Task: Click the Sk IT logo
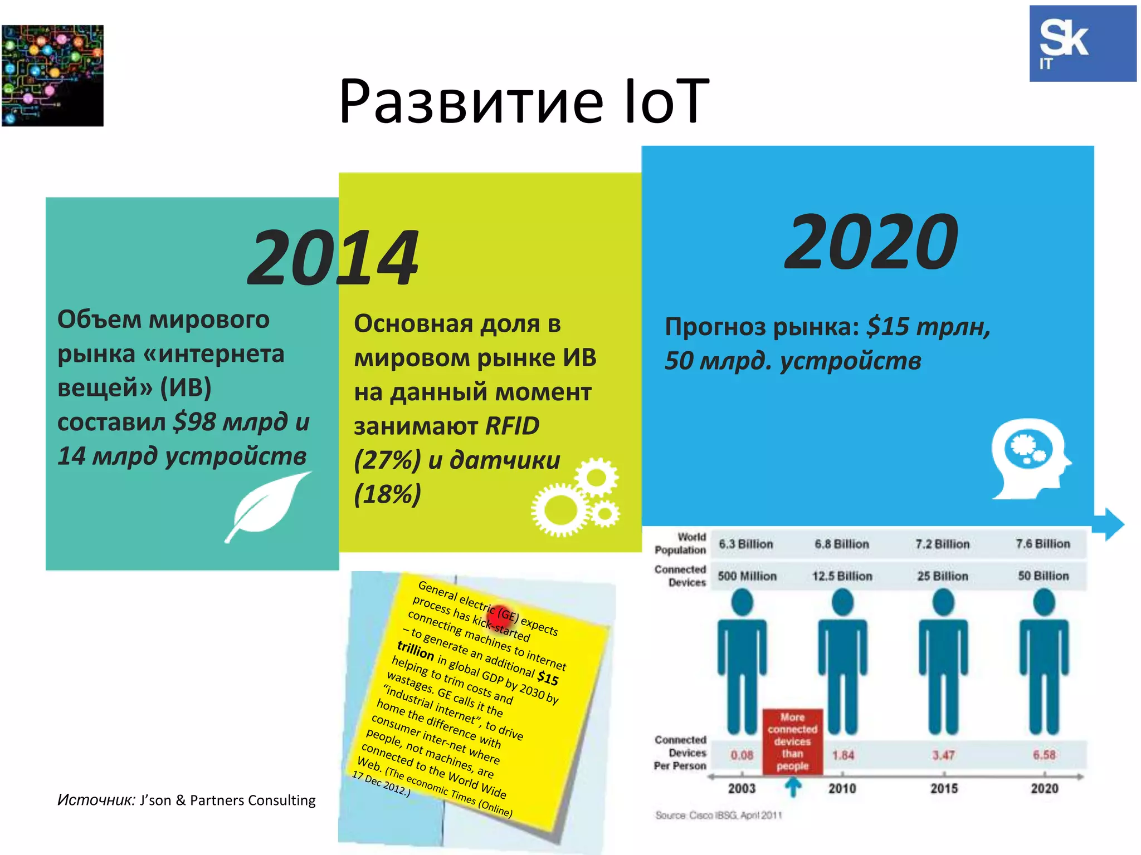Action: [x=1082, y=43]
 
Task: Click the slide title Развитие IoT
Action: [x=524, y=101]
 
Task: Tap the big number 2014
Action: [x=333, y=258]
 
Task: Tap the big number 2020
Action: [x=871, y=242]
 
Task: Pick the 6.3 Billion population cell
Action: [x=745, y=544]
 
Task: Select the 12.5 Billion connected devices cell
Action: [x=842, y=576]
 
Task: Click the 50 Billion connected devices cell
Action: [x=1043, y=576]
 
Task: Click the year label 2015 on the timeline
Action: [x=944, y=788]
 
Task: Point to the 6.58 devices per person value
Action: [x=1044, y=755]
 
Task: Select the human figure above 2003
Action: [x=742, y=662]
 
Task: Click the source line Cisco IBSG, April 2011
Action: [x=719, y=815]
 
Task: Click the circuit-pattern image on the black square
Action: [x=52, y=76]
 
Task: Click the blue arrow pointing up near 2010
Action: [x=793, y=787]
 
